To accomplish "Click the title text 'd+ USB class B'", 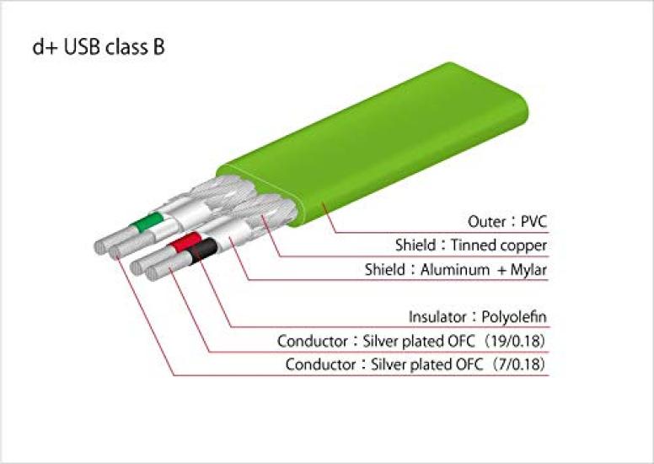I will tap(99, 47).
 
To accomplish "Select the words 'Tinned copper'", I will tap(500, 246).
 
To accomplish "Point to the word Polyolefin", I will tap(514, 317).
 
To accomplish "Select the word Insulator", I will tap(437, 317).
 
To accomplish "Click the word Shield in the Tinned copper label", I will tap(415, 246).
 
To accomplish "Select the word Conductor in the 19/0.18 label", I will tap(312, 342).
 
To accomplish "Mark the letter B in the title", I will tap(158, 47).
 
